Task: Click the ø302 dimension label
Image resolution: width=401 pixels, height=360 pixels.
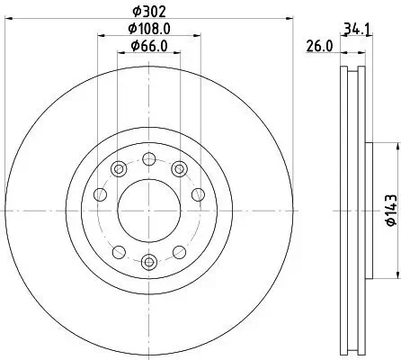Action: [x=148, y=13]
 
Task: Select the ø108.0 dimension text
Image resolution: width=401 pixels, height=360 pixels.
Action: [x=148, y=29]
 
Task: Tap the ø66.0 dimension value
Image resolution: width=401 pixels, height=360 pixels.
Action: [x=148, y=46]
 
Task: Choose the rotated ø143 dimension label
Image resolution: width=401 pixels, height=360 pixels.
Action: [x=389, y=210]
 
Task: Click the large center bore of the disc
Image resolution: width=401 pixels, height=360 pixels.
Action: [x=149, y=210]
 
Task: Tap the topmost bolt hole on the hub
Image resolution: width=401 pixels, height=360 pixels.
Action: [x=149, y=158]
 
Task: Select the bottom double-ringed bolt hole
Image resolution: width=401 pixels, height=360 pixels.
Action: [x=149, y=262]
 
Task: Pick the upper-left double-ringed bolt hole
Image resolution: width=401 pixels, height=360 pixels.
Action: [x=120, y=167]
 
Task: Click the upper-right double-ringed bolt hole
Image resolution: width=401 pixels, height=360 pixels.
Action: [x=179, y=167]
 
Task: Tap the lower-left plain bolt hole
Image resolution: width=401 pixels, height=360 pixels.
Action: [x=119, y=252]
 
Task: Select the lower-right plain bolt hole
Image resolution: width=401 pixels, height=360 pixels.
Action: [x=180, y=252]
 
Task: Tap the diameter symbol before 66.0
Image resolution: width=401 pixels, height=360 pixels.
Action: [x=131, y=46]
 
